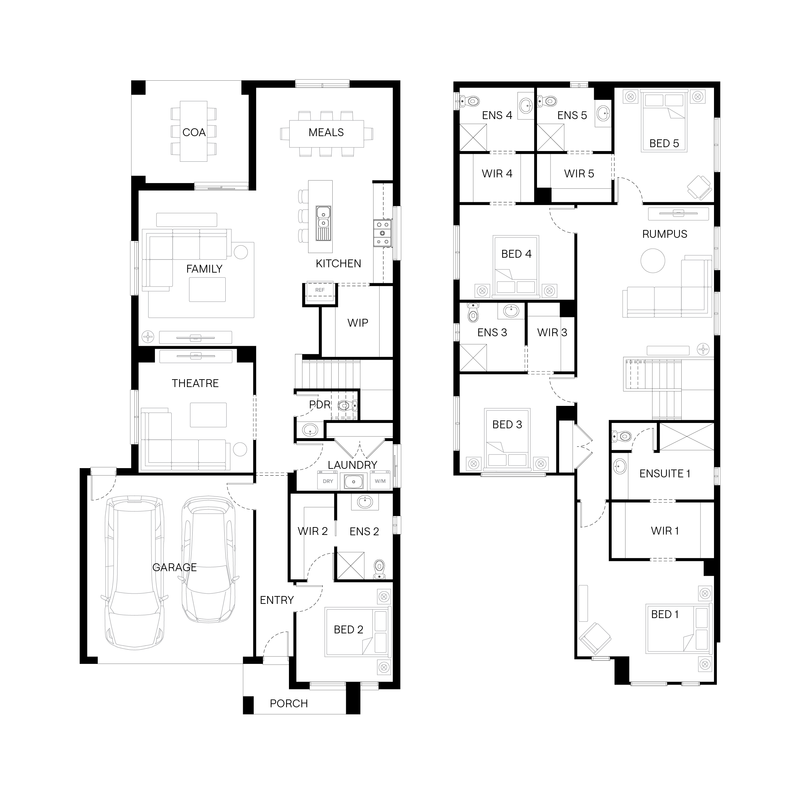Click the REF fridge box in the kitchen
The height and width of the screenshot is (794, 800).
[x=320, y=290]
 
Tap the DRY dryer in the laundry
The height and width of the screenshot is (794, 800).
[x=328, y=481]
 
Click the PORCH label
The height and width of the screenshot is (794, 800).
[x=289, y=703]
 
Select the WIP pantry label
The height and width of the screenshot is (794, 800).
[x=358, y=323]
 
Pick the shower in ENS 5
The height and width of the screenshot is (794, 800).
[x=550, y=138]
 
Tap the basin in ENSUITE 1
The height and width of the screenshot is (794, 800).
[x=619, y=466]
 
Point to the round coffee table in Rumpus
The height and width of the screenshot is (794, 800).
[x=653, y=261]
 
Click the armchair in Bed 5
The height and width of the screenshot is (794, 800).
[x=699, y=188]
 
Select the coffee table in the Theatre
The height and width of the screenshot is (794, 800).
[x=208, y=415]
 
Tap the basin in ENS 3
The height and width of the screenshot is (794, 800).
[x=511, y=311]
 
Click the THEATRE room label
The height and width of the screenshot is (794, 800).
[x=195, y=383]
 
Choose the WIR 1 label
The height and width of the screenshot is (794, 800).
[x=665, y=531]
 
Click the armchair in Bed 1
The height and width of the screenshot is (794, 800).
[x=595, y=638]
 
